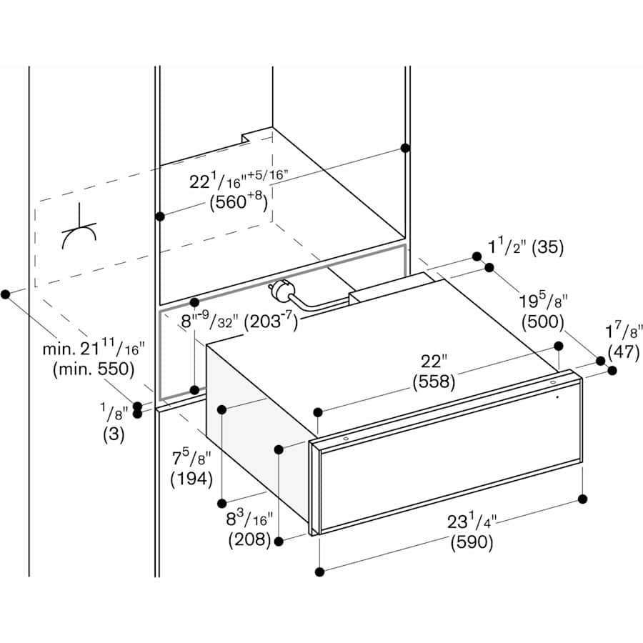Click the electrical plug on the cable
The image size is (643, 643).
click(x=275, y=291)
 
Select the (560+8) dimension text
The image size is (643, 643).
click(x=239, y=203)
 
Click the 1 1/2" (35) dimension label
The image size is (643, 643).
click(x=526, y=248)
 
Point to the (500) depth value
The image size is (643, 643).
click(x=542, y=321)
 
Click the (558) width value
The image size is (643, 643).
click(x=434, y=382)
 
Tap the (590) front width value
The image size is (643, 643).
click(x=472, y=542)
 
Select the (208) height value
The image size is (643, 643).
click(x=249, y=540)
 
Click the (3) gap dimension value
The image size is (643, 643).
click(x=113, y=434)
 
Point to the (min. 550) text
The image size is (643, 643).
click(x=94, y=369)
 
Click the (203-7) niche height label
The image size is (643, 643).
click(x=271, y=321)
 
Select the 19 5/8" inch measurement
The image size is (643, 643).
click(x=542, y=301)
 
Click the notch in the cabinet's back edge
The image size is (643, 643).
click(x=246, y=136)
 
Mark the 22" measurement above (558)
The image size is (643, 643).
click(x=433, y=362)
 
